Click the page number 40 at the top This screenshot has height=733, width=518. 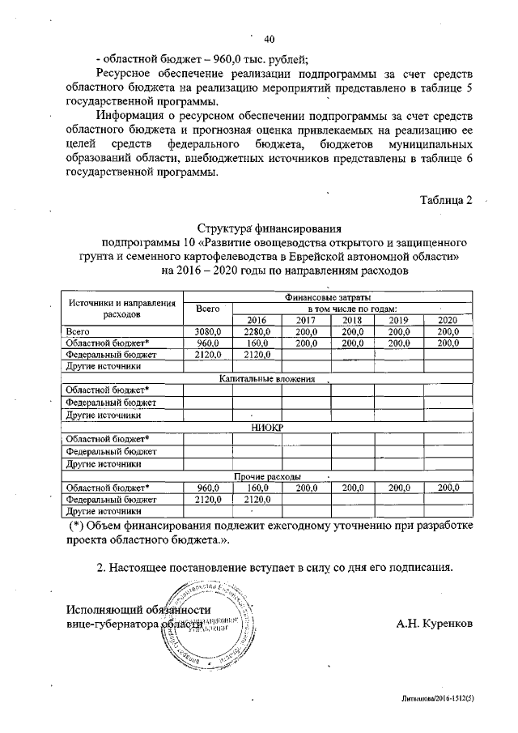tap(270, 37)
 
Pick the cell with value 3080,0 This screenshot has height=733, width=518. tap(208, 332)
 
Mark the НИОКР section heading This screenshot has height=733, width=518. tap(268, 428)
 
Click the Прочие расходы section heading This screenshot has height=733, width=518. tap(268, 476)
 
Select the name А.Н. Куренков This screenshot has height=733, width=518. tap(431, 624)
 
